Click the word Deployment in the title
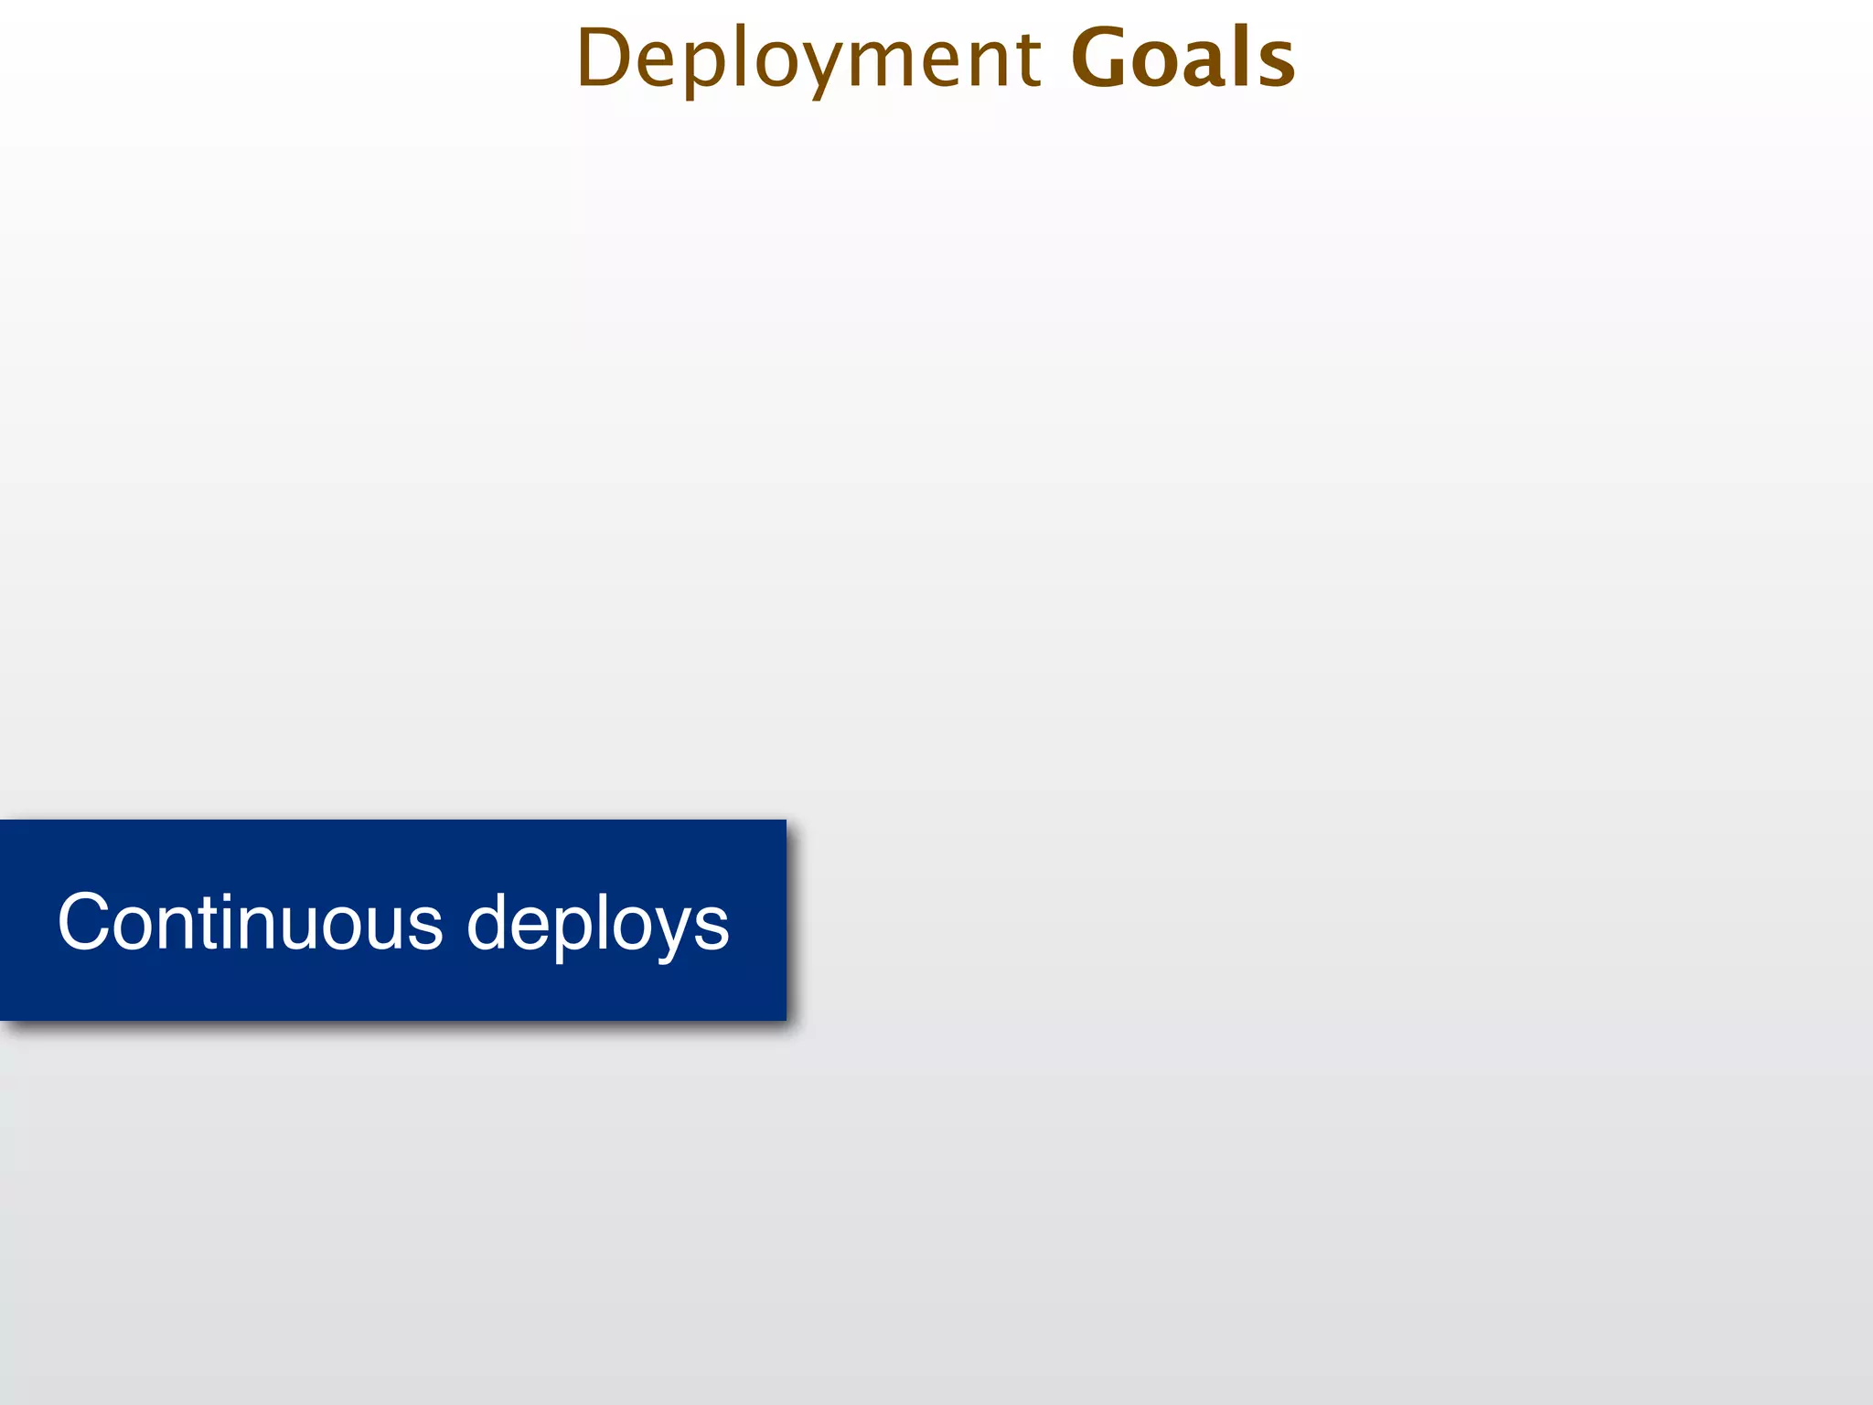click(x=808, y=59)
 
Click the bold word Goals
click(x=1183, y=59)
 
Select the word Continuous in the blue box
click(x=250, y=922)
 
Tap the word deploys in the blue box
click(x=598, y=924)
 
